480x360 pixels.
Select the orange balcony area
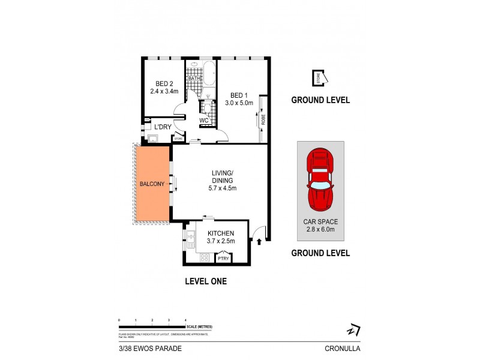[x=152, y=184]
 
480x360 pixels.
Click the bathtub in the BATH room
[x=209, y=74]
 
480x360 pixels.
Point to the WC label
[x=204, y=120]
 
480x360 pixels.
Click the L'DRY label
[x=163, y=127]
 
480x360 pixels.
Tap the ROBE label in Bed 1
[x=263, y=119]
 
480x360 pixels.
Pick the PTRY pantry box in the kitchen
[x=224, y=259]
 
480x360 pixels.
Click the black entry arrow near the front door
[x=259, y=242]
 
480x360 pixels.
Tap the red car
[x=320, y=179]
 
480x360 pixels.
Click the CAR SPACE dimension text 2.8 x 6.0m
[x=320, y=229]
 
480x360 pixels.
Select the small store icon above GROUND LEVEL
[x=319, y=77]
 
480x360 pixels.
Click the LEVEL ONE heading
[x=205, y=281]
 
